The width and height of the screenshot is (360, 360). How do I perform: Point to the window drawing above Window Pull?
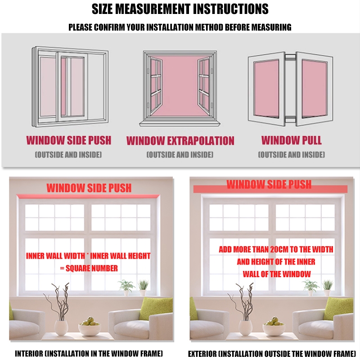click(x=291, y=88)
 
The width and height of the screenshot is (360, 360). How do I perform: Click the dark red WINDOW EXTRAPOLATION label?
click(x=180, y=141)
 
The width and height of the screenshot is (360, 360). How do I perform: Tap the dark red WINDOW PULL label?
click(x=292, y=140)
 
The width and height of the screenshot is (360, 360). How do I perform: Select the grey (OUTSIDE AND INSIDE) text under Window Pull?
click(x=292, y=155)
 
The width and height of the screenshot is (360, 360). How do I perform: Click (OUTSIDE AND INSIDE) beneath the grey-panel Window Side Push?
click(x=68, y=155)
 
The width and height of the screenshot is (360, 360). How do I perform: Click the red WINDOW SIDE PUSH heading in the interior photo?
click(x=89, y=188)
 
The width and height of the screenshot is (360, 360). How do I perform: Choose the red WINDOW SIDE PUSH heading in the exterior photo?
click(x=269, y=184)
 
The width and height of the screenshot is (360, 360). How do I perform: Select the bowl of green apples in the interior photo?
click(x=90, y=327)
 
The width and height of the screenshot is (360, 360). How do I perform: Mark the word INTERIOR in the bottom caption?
click(x=31, y=354)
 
